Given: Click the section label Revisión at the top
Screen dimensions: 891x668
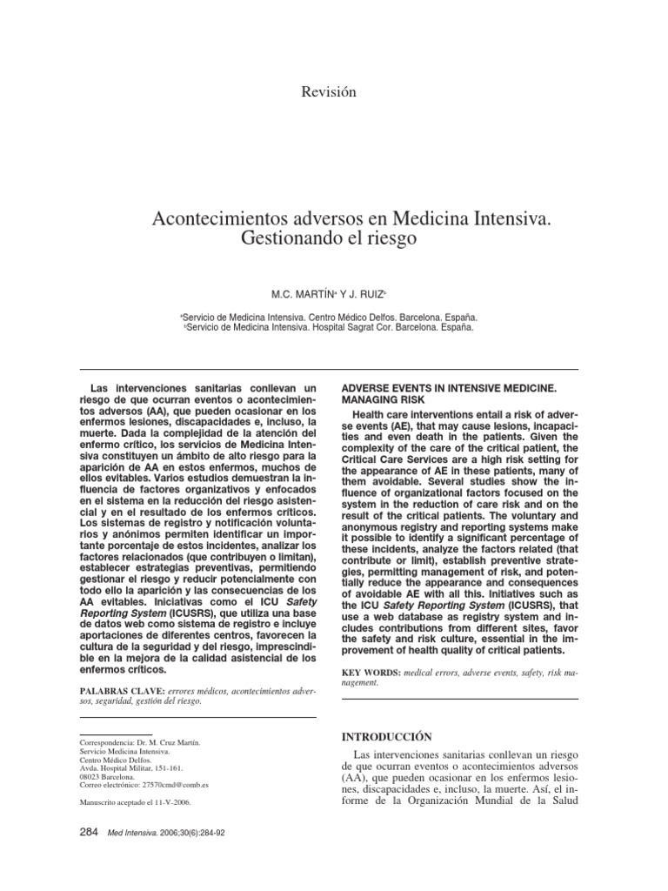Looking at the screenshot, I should pos(327,91).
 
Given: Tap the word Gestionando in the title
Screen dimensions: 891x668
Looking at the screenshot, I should pos(289,237).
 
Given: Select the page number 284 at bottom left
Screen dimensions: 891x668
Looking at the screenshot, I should pos(90,833).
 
